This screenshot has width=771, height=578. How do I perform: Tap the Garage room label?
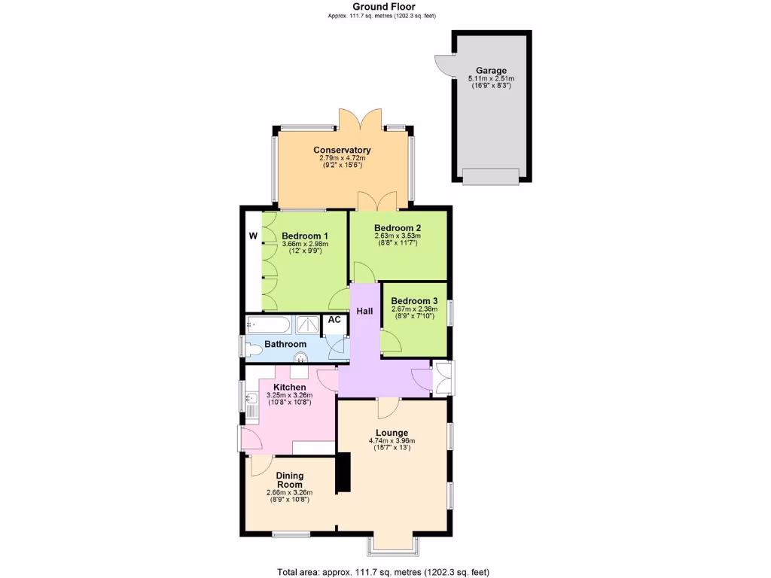click(x=491, y=71)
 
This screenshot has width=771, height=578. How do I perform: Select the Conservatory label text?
click(x=342, y=150)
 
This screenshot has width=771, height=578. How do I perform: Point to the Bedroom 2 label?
click(x=397, y=228)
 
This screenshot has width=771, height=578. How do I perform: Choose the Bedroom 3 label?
click(x=413, y=301)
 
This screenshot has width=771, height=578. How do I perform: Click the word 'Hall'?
click(x=365, y=311)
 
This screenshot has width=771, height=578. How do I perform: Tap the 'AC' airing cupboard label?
click(x=334, y=320)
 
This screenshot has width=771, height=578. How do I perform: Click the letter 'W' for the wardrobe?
click(x=253, y=236)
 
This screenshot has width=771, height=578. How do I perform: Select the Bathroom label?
click(x=285, y=345)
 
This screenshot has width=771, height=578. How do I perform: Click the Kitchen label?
click(x=289, y=388)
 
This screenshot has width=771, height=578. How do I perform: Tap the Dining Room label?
click(x=289, y=479)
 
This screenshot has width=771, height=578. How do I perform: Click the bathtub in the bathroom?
click(x=268, y=324)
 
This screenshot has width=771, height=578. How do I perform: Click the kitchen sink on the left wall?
click(x=249, y=407)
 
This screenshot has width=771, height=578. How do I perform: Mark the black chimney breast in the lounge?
click(x=343, y=473)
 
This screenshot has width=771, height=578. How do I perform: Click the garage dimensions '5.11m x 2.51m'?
click(x=491, y=79)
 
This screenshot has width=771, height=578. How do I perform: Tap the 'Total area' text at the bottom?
click(x=388, y=572)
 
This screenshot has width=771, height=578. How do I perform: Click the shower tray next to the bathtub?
click(x=308, y=324)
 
